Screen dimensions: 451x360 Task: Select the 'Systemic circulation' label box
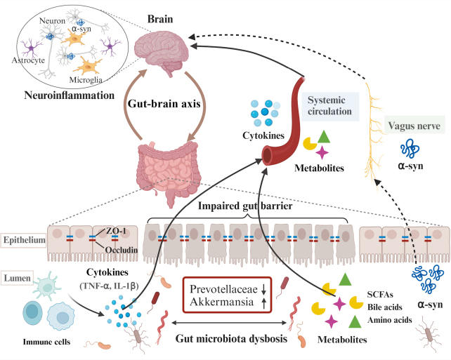point(330,106)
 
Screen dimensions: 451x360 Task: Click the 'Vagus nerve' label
point(414,126)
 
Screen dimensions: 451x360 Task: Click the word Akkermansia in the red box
point(222,302)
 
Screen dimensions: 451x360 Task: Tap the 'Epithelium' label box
point(24,240)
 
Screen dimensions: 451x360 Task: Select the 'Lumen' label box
point(18,278)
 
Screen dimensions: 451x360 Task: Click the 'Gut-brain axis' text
point(164,103)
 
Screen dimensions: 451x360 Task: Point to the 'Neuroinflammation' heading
point(70,95)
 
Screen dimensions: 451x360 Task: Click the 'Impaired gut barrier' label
point(245,206)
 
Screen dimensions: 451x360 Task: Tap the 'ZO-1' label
point(116,231)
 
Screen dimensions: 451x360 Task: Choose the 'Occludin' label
point(122,250)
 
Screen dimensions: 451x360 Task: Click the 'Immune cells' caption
point(46,342)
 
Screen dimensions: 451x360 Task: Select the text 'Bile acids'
point(384,307)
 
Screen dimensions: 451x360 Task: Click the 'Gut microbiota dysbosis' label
point(232,338)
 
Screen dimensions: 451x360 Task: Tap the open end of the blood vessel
point(268,155)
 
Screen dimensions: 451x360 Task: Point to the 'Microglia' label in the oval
point(86,79)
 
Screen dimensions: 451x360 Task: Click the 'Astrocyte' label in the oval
point(28,60)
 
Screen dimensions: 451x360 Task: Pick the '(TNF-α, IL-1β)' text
point(109,286)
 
